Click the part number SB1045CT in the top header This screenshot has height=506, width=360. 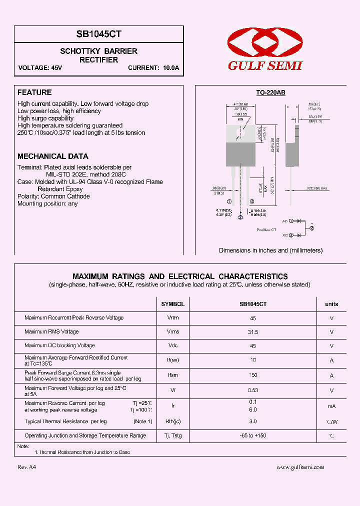coord(99,34)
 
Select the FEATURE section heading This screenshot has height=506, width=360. coord(34,92)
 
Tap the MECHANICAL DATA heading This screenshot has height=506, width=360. coord(53,156)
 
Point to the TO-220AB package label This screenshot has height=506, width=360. coord(270,92)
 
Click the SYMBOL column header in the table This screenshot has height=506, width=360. coord(172,304)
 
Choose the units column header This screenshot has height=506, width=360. coord(331,304)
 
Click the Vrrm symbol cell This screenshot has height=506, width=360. coord(172,318)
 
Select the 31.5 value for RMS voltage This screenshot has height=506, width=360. coord(253,332)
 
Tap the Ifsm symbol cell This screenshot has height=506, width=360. coord(172,374)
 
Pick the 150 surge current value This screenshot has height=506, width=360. coord(253,374)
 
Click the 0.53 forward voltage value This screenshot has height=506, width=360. coord(253,390)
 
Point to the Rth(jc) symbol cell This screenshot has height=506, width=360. coord(172,422)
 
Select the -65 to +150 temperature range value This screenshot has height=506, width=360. coord(253,436)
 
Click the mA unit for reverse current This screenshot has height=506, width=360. coord(331,406)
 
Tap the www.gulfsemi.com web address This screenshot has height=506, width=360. coord(300,467)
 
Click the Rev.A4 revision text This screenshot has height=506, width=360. coord(26,467)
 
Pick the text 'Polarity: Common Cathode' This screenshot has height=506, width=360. coord(53,196)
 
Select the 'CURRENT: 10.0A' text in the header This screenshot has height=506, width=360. coord(153,68)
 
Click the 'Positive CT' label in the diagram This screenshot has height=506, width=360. coord(266,229)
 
